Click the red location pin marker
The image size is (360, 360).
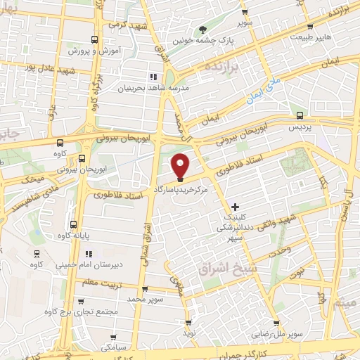(x=181, y=165)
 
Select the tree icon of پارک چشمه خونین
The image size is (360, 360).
(x=203, y=30)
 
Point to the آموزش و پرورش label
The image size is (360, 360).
(x=95, y=51)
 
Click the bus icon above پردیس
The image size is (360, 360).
(x=300, y=116)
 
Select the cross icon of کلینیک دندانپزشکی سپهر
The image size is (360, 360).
(x=235, y=206)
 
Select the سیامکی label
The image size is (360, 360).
(x=113, y=346)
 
